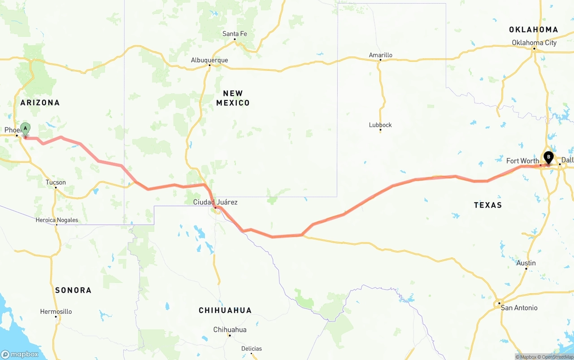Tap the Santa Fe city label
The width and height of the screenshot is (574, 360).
tap(235, 34)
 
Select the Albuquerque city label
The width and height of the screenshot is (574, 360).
tap(209, 60)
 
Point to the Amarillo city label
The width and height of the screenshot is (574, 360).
tap(380, 55)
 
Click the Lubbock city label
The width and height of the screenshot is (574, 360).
tap(380, 125)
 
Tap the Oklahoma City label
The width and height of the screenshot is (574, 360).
tap(534, 43)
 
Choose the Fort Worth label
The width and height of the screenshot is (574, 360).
tap(522, 161)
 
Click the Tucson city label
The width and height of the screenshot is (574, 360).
tap(56, 182)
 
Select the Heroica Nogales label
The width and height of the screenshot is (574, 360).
tap(57, 220)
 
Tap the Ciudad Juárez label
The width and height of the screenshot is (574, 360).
tap(215, 202)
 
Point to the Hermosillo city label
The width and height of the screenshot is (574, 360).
tap(56, 312)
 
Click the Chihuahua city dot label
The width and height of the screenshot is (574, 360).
tap(230, 330)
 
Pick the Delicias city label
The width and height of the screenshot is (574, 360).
tap(251, 349)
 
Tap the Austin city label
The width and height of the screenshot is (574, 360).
tap(526, 263)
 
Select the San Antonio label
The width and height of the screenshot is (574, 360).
tap(519, 308)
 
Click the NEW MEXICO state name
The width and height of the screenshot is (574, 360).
tap(233, 98)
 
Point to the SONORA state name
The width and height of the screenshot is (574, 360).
tap(73, 291)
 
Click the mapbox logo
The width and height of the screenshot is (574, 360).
tap(20, 354)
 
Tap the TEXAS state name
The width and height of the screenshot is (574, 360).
tap(488, 205)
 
